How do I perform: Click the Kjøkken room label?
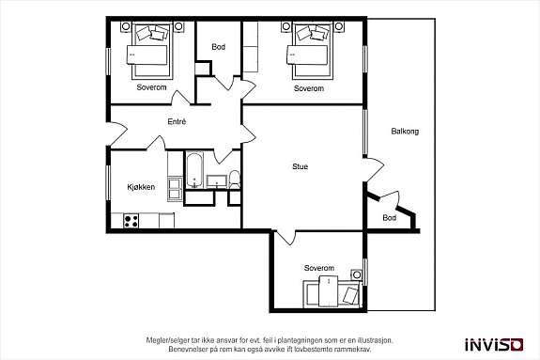pyautogui.click(x=141, y=188)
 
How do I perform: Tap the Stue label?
pyautogui.click(x=300, y=167)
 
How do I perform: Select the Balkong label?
pyautogui.click(x=405, y=131)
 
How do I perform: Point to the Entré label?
pyautogui.click(x=177, y=121)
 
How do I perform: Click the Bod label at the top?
pyautogui.click(x=218, y=47)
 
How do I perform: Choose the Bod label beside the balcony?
pyautogui.click(x=389, y=218)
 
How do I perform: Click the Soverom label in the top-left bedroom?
pyautogui.click(x=151, y=87)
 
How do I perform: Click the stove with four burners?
pyautogui.click(x=131, y=221)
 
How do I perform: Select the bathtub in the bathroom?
pyautogui.click(x=194, y=169)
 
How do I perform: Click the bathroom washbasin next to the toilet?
pyautogui.click(x=215, y=180)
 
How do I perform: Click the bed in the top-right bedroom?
pyautogui.click(x=310, y=54)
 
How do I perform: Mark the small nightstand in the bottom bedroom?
pyautogui.click(x=355, y=274)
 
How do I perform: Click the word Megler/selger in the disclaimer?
pyautogui.click(x=167, y=339)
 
